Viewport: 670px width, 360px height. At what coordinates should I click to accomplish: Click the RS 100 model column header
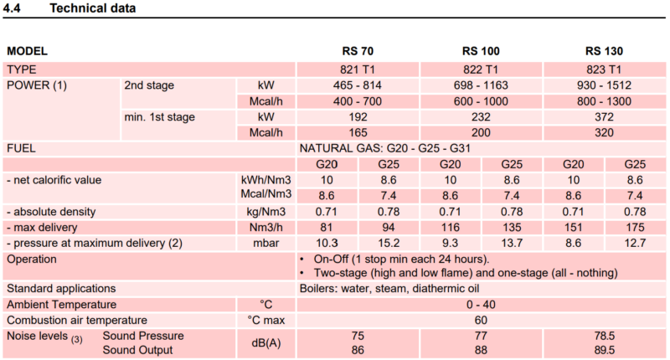[481, 51]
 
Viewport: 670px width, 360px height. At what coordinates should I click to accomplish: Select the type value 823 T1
[604, 69]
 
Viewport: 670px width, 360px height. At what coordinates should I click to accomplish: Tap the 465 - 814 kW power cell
[358, 85]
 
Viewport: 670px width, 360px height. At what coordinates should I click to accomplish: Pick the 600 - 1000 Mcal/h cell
[481, 101]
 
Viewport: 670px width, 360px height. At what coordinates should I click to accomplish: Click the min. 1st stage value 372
[604, 117]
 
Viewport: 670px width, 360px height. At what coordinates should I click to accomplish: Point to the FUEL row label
[22, 148]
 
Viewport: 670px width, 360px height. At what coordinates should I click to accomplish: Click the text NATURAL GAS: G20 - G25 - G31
[385, 148]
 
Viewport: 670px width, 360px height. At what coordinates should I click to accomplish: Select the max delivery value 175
[635, 227]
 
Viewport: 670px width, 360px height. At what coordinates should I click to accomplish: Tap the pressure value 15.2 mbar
[389, 243]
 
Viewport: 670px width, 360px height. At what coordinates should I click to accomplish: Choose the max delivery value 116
[450, 227]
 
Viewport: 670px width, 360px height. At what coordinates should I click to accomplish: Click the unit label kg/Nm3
[265, 211]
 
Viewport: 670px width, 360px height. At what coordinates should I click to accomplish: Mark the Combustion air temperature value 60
[481, 320]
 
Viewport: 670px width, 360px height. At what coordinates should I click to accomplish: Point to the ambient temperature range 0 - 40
[481, 305]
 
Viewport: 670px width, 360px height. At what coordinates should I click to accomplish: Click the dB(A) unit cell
[265, 343]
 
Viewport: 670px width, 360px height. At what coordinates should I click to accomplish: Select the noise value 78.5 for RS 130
[604, 336]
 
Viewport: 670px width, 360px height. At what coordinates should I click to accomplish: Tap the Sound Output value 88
[481, 350]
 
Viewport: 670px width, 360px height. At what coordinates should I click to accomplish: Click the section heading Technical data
[93, 8]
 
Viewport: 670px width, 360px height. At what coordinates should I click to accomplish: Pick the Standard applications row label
[61, 288]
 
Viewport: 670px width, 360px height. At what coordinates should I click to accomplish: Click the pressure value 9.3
[450, 243]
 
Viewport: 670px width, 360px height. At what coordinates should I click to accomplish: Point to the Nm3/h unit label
[265, 227]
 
